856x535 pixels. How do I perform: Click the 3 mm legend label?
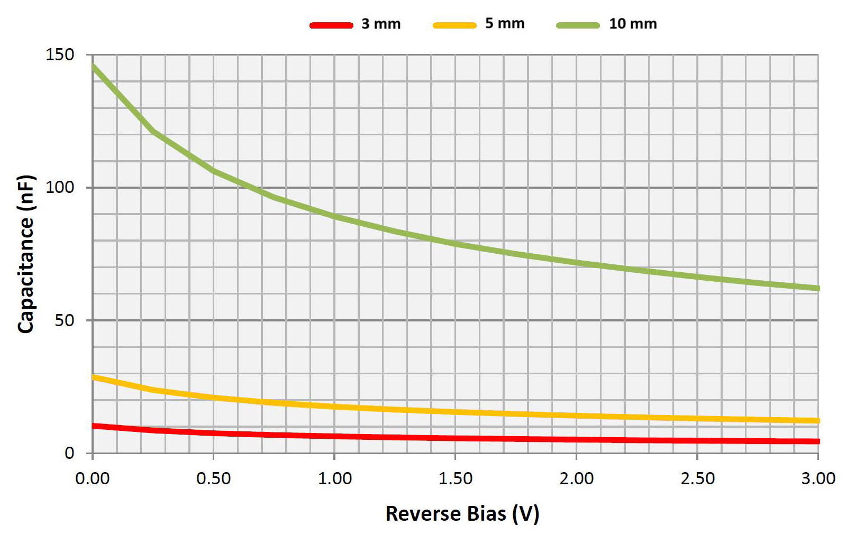(381, 24)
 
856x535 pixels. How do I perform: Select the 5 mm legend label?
(505, 23)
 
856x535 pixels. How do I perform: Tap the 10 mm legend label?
(633, 24)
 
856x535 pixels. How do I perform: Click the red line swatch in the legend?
(331, 25)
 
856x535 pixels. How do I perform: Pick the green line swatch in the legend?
(578, 25)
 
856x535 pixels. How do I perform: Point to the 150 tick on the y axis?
(60, 54)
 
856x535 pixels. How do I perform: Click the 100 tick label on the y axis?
(60, 187)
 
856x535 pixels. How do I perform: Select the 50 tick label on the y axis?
(64, 320)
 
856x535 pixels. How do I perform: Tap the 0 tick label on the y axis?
(69, 453)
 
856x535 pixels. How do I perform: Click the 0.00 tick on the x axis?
(93, 478)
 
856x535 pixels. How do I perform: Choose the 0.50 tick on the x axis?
(213, 478)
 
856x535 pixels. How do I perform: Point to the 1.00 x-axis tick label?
(334, 478)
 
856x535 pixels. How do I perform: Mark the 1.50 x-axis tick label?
(456, 478)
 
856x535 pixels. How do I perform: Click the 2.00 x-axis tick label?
(577, 478)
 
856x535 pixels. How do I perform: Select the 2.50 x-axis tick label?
(697, 478)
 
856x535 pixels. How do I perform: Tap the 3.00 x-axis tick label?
(818, 478)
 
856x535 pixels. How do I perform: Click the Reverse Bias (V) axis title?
(462, 513)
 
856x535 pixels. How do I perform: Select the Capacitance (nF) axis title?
(26, 254)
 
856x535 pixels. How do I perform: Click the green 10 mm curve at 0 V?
(94, 67)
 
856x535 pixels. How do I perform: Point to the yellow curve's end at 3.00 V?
(817, 421)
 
